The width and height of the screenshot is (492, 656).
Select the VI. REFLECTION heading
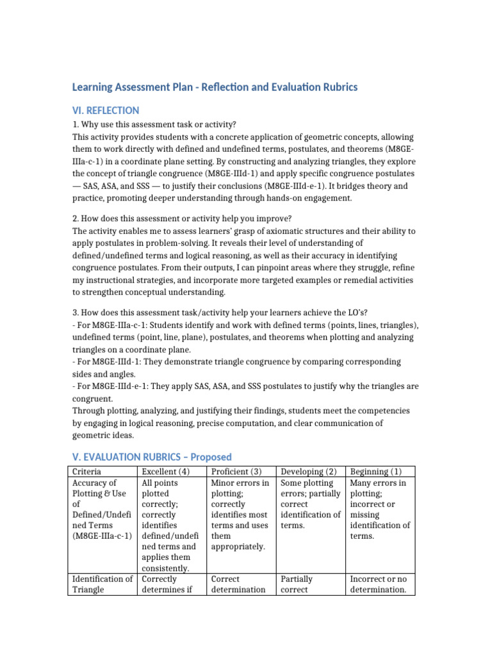[106, 110]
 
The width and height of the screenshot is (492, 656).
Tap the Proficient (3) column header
[235, 471]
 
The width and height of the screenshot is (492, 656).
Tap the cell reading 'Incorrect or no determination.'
[379, 584]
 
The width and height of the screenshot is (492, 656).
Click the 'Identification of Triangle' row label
[102, 584]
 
